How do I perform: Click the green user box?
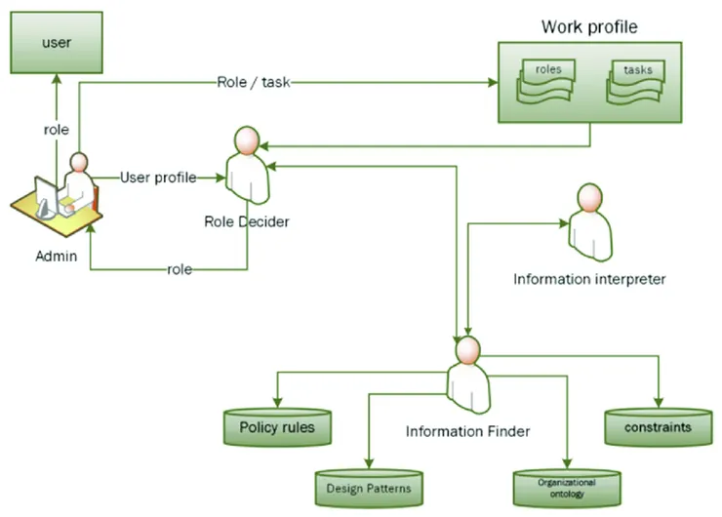tap(58, 44)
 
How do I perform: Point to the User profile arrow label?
tap(157, 178)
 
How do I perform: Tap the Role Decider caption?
tap(247, 221)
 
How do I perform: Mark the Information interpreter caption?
tap(589, 279)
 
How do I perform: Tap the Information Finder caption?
tap(468, 429)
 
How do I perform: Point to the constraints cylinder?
tap(661, 426)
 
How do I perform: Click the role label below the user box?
tap(56, 129)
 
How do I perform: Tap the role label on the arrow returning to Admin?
tap(180, 268)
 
